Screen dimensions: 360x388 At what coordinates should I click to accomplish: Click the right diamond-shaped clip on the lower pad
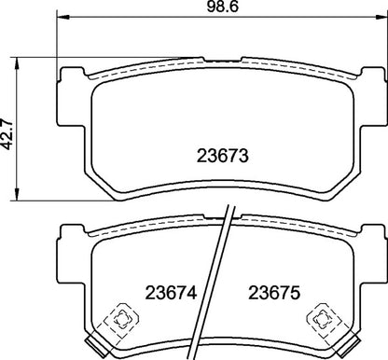[326, 318]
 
